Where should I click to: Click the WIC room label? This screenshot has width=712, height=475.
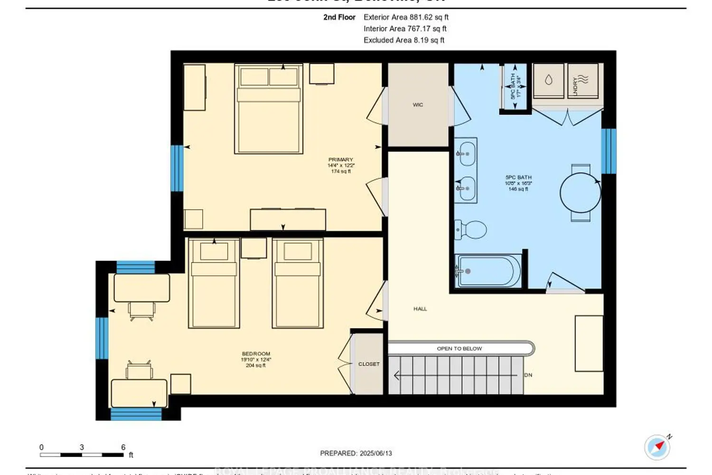(x=418, y=104)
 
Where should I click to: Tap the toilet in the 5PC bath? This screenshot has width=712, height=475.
(x=471, y=230)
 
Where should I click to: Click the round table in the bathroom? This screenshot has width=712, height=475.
(x=580, y=193)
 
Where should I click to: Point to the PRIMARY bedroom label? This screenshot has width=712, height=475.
(x=341, y=160)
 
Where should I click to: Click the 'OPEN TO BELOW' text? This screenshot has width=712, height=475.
(x=459, y=349)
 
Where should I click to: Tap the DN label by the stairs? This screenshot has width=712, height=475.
(x=528, y=375)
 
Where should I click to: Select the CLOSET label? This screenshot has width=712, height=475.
(x=369, y=364)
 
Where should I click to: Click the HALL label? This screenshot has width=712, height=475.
(x=420, y=309)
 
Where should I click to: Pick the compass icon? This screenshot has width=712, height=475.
(x=657, y=447)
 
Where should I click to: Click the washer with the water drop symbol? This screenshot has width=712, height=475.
(x=549, y=80)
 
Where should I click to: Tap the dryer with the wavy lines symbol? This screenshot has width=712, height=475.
(x=583, y=80)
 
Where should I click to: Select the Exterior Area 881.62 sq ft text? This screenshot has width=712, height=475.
(x=406, y=17)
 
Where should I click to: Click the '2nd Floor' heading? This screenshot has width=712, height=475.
(x=339, y=17)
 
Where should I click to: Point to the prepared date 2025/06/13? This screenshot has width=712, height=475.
(x=356, y=453)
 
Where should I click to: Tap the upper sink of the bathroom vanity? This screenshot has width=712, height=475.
(x=466, y=154)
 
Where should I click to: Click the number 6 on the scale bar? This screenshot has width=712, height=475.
(x=123, y=447)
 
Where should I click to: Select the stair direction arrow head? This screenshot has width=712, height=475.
(x=396, y=376)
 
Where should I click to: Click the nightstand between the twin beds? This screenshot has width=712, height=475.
(x=253, y=248)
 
